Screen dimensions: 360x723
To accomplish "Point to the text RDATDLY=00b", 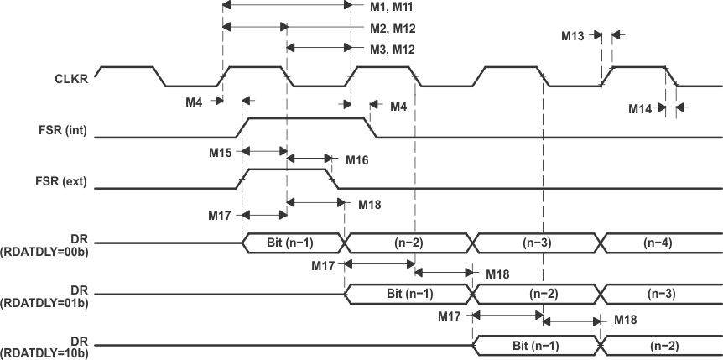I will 45,248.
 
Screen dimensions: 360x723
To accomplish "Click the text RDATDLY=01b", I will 45,300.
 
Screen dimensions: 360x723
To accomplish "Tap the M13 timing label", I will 575,36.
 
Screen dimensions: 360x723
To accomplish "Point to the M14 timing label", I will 642,108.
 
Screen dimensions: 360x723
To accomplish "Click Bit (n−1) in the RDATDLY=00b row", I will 294,243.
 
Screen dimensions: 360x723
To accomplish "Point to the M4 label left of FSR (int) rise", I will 195,102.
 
